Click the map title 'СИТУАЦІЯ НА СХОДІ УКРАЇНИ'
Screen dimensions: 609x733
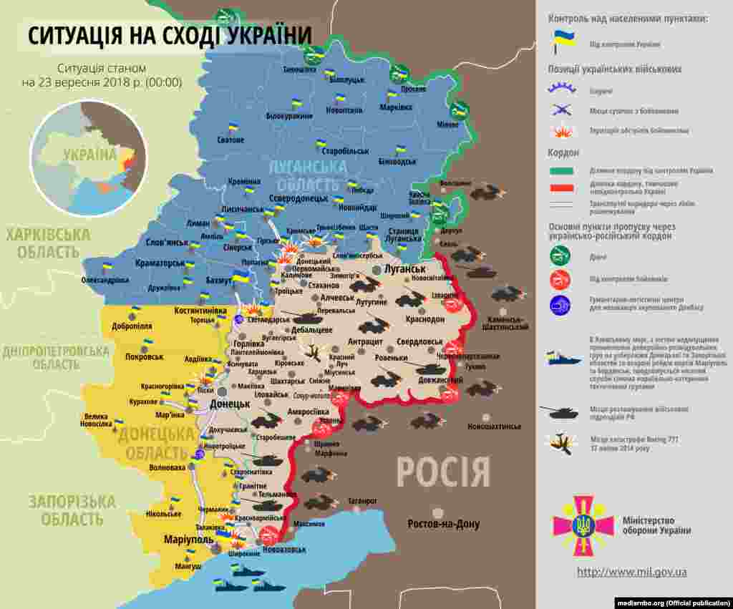170,35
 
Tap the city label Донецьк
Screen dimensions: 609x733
229,404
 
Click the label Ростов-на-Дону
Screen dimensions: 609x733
444,525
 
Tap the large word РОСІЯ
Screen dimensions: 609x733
443,473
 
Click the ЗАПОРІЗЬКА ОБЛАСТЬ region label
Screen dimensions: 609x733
72,510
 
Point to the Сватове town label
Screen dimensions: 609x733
230,140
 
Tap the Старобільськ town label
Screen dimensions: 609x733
345,151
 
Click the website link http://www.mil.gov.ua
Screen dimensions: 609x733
632,572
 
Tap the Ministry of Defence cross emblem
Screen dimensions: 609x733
583,526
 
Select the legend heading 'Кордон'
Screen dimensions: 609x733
564,152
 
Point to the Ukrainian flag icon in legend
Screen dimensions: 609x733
563,42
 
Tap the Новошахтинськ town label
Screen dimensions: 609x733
494,427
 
